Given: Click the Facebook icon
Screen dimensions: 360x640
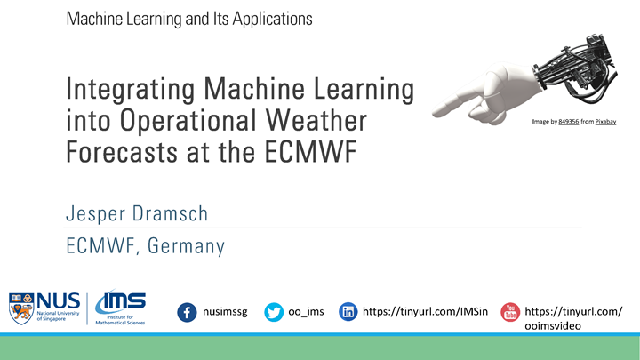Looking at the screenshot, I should (x=188, y=312).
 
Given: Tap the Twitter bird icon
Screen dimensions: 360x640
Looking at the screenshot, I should (x=275, y=312).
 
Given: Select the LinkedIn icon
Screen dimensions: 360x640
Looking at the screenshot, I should (x=348, y=312).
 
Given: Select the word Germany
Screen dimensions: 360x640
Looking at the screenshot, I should (x=187, y=246).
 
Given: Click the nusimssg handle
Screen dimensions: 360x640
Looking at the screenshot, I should (x=228, y=312).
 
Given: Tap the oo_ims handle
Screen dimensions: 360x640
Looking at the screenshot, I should (x=307, y=312).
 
